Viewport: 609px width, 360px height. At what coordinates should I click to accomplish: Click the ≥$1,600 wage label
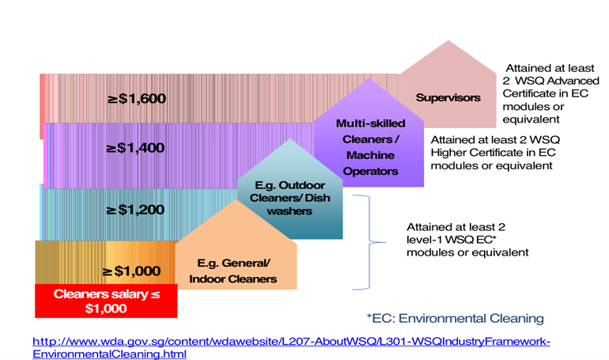click(136, 99)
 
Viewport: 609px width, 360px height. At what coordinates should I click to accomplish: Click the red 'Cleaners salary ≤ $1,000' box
click(106, 301)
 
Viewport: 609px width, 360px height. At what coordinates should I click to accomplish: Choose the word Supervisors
click(448, 98)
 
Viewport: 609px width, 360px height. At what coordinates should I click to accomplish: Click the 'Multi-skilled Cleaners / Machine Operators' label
click(370, 147)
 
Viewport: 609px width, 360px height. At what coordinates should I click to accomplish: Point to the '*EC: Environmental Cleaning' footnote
click(455, 318)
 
